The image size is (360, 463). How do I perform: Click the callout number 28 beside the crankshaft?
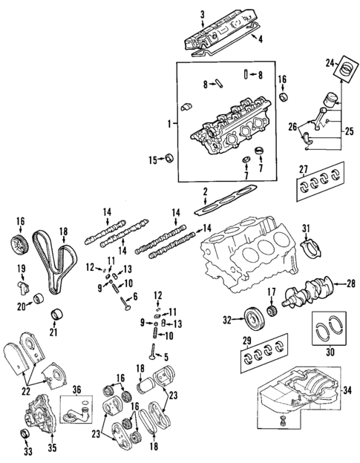click(x=351, y=283)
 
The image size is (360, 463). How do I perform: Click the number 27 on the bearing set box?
click(x=303, y=170)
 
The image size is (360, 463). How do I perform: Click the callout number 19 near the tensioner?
click(x=21, y=268)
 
